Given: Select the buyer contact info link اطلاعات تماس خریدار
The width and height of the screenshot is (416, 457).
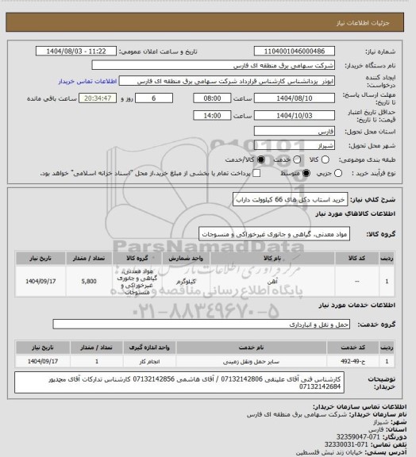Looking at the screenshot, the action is [88, 81].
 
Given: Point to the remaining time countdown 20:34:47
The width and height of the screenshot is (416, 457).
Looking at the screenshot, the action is [100, 96].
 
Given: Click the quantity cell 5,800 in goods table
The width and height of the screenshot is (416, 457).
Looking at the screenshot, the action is [90, 281].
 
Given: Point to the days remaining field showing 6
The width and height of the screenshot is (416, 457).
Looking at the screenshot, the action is [154, 96].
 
